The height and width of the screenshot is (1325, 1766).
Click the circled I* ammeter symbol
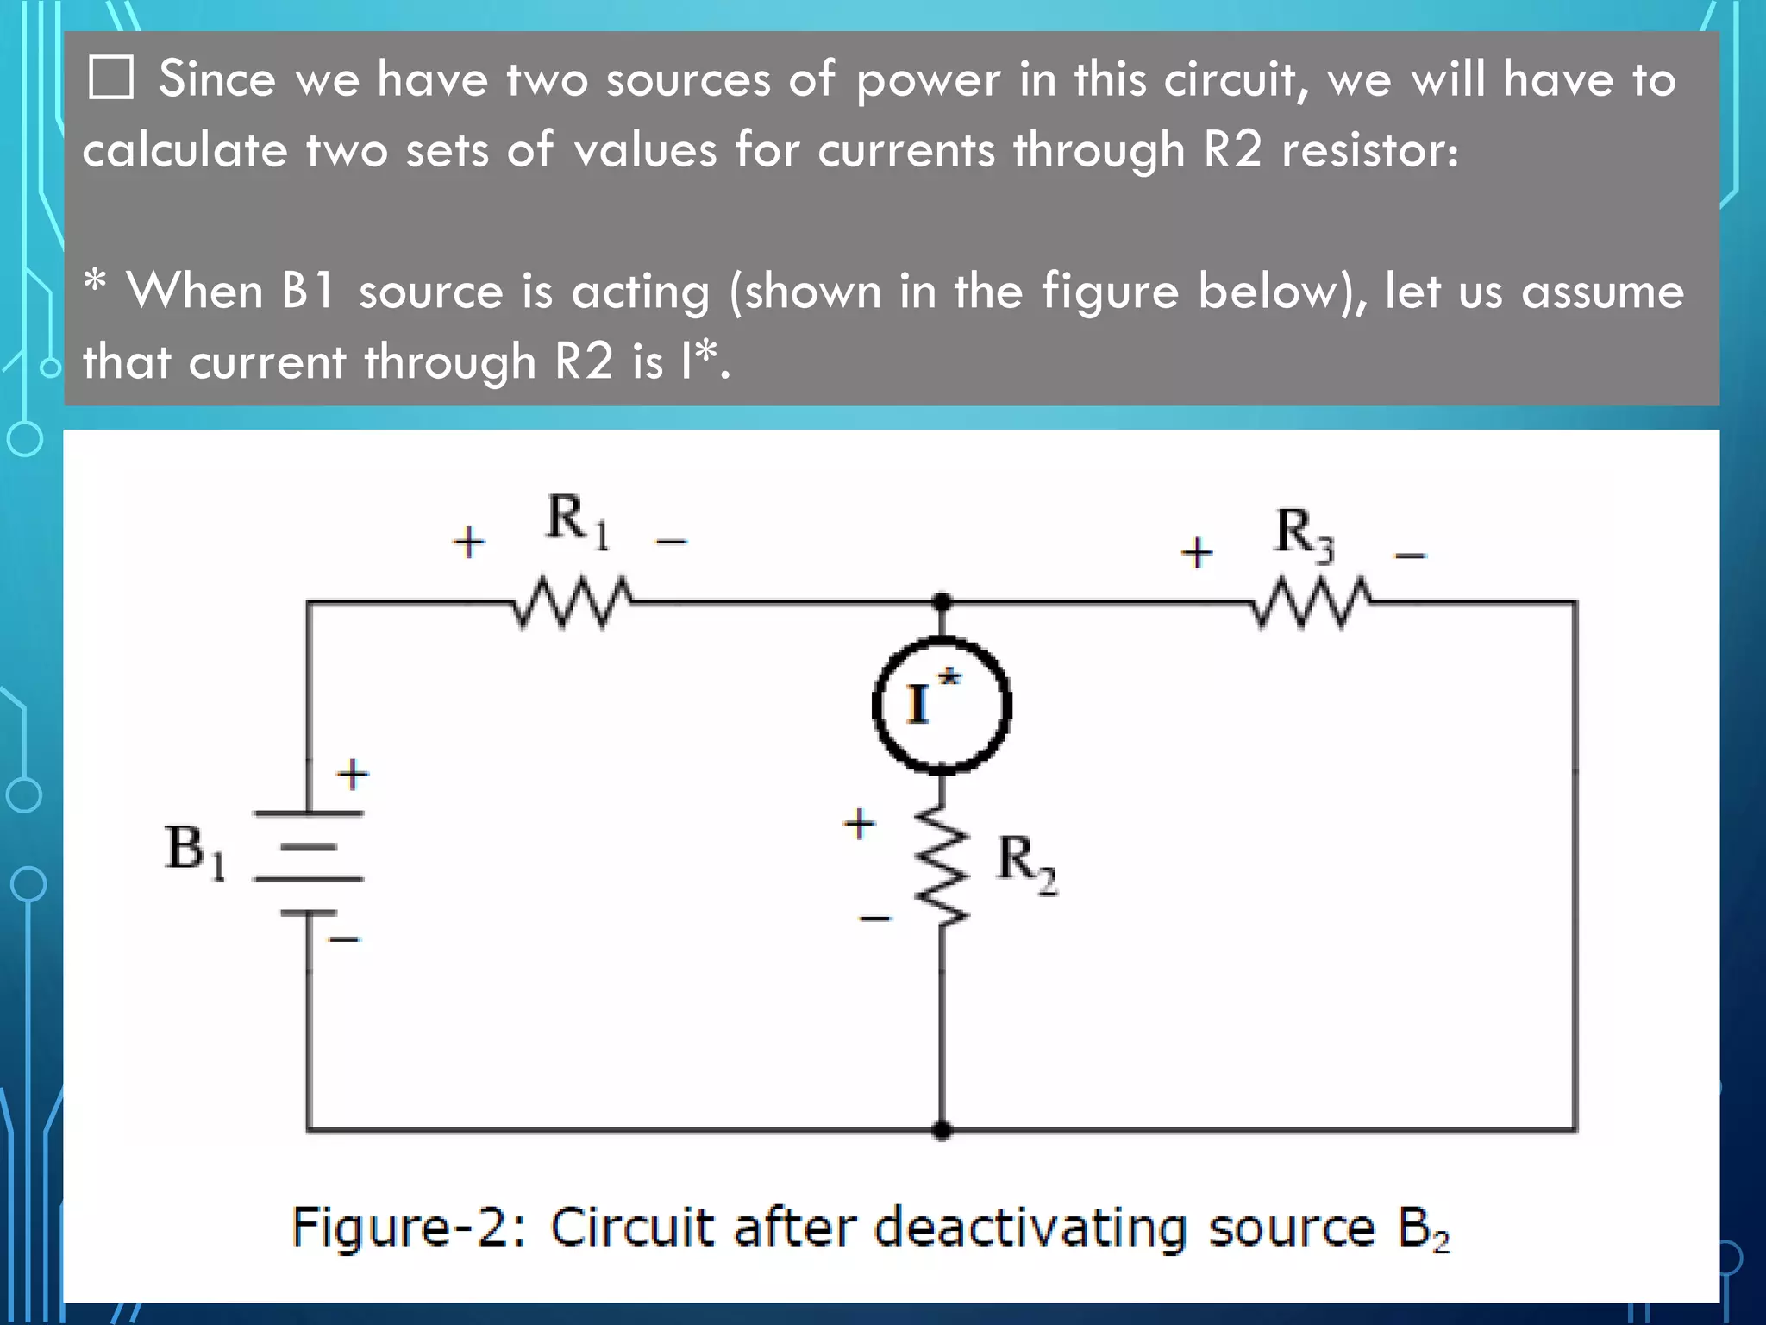[942, 705]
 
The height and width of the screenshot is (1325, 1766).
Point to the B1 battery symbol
[308, 862]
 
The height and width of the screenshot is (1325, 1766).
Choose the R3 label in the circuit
[1305, 533]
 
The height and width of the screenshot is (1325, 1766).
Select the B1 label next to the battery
[195, 851]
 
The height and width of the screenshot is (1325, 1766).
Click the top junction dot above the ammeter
[942, 601]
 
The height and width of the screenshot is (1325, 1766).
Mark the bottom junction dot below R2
[942, 1129]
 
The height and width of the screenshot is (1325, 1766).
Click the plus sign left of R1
[469, 543]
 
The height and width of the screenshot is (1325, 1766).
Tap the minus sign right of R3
[1410, 556]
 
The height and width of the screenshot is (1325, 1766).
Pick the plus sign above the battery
[352, 774]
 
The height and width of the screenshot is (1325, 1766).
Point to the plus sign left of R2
[859, 823]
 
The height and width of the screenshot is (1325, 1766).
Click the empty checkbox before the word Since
[111, 78]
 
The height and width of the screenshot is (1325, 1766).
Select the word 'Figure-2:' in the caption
[409, 1227]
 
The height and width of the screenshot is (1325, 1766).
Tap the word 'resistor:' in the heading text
[1370, 149]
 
